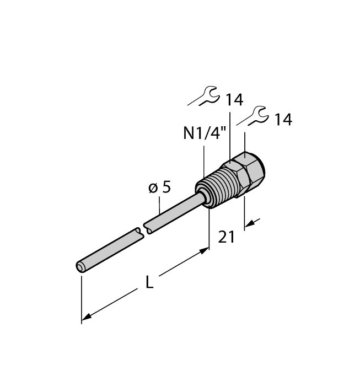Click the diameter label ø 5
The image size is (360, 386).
(160, 187)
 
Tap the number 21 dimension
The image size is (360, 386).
(227, 237)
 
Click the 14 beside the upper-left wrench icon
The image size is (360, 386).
(234, 100)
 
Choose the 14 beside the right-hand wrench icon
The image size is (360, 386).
(283, 120)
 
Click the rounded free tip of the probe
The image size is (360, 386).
(80, 267)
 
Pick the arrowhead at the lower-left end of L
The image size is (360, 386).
(85, 319)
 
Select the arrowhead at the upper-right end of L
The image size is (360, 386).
(206, 251)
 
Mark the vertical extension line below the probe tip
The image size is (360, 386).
(82, 298)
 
